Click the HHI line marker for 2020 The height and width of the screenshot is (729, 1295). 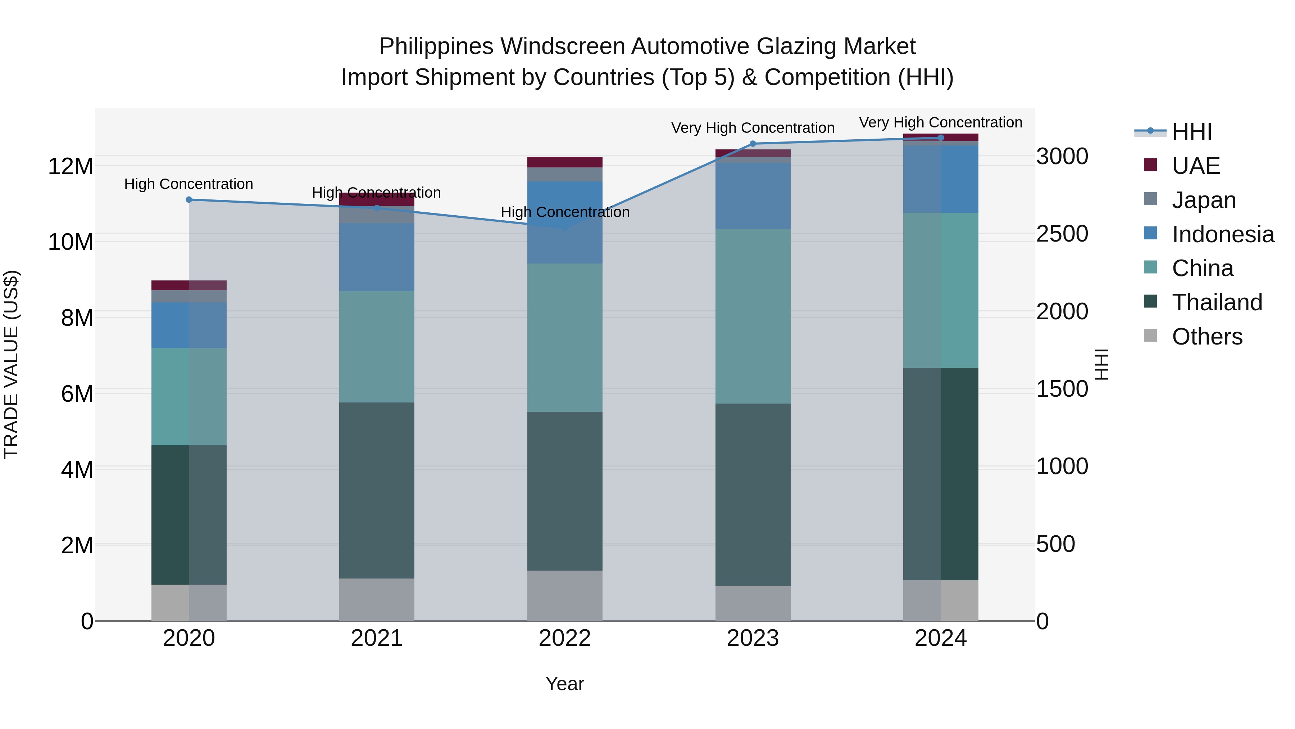(x=189, y=200)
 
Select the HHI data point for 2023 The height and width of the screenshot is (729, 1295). (x=753, y=144)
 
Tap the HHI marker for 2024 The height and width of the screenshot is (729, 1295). (x=941, y=138)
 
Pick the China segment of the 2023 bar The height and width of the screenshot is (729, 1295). (x=753, y=316)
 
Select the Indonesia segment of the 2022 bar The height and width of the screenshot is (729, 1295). (x=564, y=222)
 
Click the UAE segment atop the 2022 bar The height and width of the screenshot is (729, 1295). (x=564, y=162)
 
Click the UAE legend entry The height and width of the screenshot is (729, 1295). (x=1195, y=166)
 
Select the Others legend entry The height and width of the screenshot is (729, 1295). (x=1207, y=337)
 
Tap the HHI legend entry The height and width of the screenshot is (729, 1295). (x=1191, y=132)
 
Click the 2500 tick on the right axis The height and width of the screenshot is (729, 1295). (x=1062, y=234)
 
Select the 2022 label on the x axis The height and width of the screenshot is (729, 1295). (x=564, y=638)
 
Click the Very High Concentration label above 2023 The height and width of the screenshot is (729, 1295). (x=753, y=128)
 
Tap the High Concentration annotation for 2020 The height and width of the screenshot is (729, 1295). (x=188, y=184)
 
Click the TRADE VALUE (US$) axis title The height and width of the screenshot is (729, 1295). (x=11, y=364)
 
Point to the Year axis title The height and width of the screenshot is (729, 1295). (x=564, y=684)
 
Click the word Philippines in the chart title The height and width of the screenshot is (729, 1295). (x=436, y=46)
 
